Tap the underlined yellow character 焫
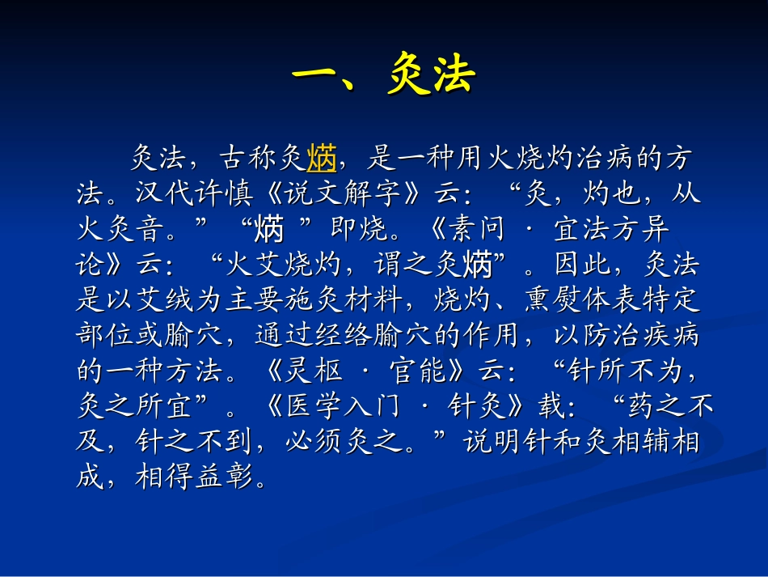(322, 159)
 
